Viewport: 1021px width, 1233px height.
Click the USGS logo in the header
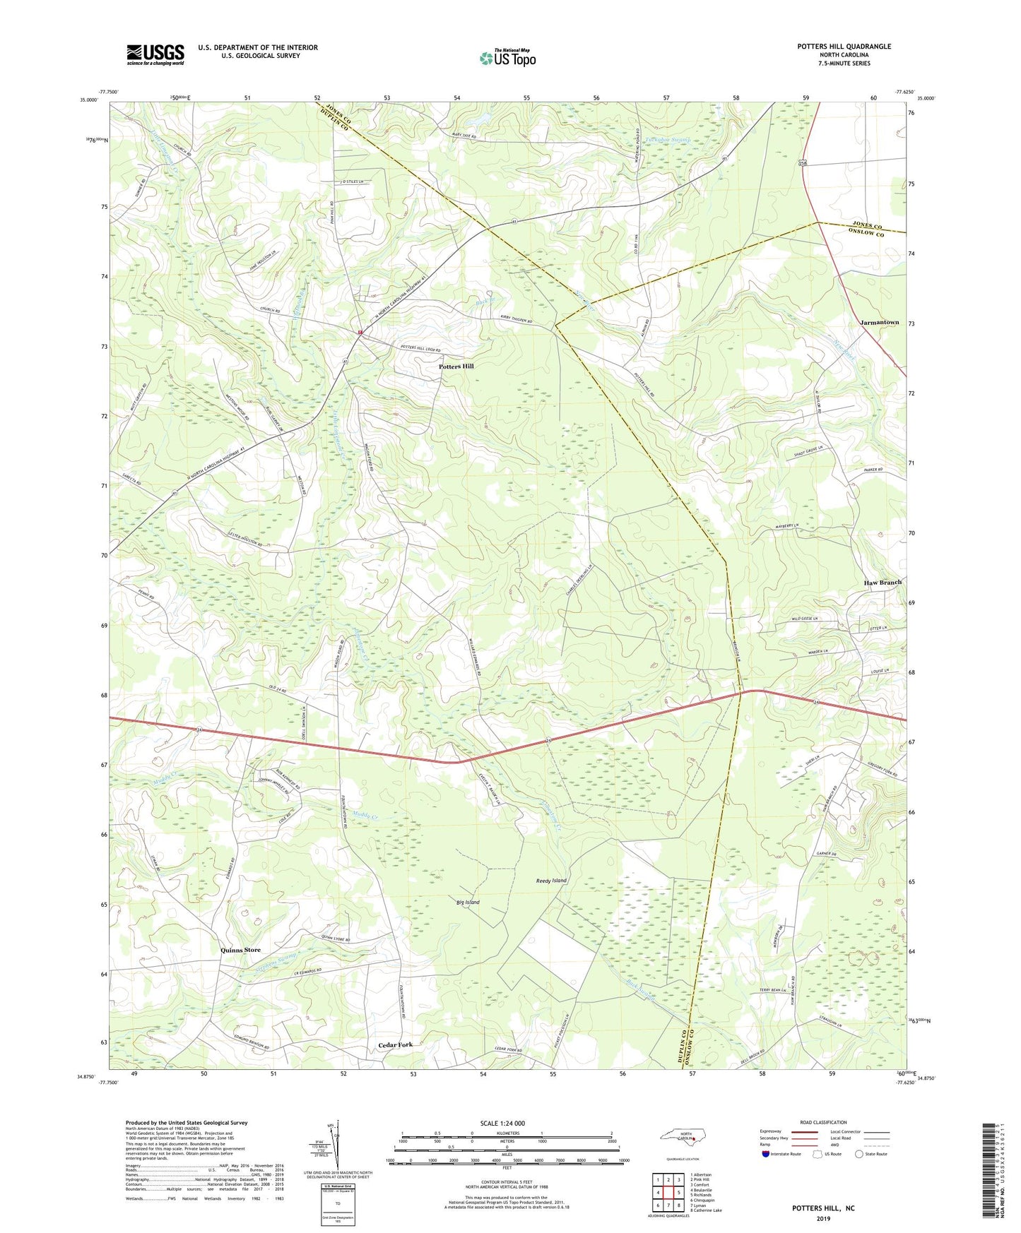click(x=155, y=54)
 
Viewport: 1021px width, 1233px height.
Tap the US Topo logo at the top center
click(x=508, y=58)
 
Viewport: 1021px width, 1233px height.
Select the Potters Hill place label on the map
click(x=456, y=367)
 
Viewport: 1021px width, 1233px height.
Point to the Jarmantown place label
click(x=879, y=323)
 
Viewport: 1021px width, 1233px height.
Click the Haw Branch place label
click(x=883, y=583)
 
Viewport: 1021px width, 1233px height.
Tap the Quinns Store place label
click(x=240, y=950)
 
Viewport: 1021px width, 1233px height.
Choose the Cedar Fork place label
click(x=395, y=1044)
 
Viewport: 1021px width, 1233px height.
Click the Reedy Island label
click(x=551, y=881)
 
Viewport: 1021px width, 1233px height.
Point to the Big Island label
click(x=468, y=903)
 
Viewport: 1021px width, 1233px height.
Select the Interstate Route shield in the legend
click(x=767, y=1154)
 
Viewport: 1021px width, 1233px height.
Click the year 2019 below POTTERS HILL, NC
click(x=823, y=1218)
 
